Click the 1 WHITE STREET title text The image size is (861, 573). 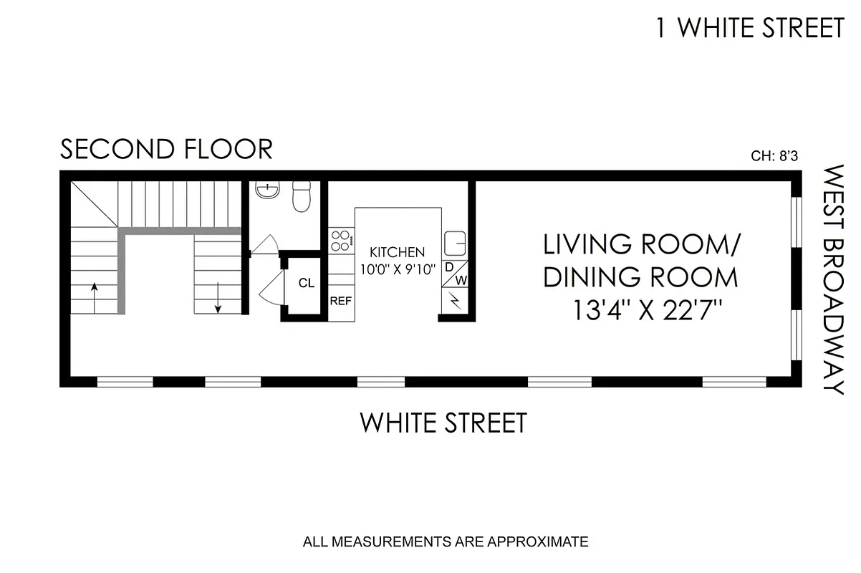click(x=750, y=28)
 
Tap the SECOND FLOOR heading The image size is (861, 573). click(x=166, y=150)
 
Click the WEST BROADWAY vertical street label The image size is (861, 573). click(x=832, y=280)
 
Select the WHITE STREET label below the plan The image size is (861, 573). click(x=443, y=423)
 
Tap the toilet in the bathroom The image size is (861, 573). click(x=301, y=196)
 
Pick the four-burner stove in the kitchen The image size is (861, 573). click(x=341, y=240)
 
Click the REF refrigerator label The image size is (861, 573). click(x=340, y=302)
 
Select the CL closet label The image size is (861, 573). click(x=306, y=283)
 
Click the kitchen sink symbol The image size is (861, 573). click(x=455, y=244)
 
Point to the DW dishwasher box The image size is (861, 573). click(x=456, y=274)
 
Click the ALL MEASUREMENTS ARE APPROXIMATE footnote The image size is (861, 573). click(x=446, y=541)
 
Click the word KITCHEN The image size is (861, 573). click(x=397, y=252)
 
